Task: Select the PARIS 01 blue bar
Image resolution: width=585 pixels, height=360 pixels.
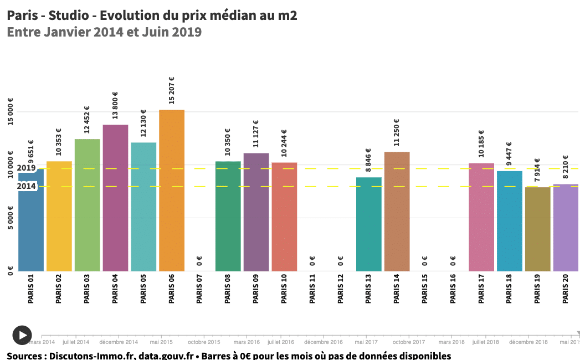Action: (31, 222)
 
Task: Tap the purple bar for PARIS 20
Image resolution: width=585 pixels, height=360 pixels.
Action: (566, 227)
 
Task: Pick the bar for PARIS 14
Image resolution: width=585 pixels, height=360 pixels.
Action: (397, 211)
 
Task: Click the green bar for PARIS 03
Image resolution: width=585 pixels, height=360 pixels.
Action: (87, 205)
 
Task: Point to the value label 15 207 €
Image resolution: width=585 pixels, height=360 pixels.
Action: (172, 90)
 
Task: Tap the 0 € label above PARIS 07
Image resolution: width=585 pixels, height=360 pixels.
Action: (199, 260)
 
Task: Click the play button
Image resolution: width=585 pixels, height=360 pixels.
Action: (22, 335)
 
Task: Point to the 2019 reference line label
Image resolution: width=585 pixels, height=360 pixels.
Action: (26, 168)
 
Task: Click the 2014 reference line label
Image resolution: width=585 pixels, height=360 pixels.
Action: (26, 187)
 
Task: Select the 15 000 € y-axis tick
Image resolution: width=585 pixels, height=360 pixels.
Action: (10, 112)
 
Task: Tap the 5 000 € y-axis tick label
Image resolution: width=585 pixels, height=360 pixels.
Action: (10, 218)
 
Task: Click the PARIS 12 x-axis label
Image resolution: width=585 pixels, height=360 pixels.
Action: (341, 289)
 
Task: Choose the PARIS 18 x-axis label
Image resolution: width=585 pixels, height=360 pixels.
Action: (509, 289)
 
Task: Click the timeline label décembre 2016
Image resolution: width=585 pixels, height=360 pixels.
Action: (324, 342)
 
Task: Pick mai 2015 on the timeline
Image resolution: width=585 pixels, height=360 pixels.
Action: (162, 342)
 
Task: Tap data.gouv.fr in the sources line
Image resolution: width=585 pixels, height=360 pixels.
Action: (165, 355)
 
